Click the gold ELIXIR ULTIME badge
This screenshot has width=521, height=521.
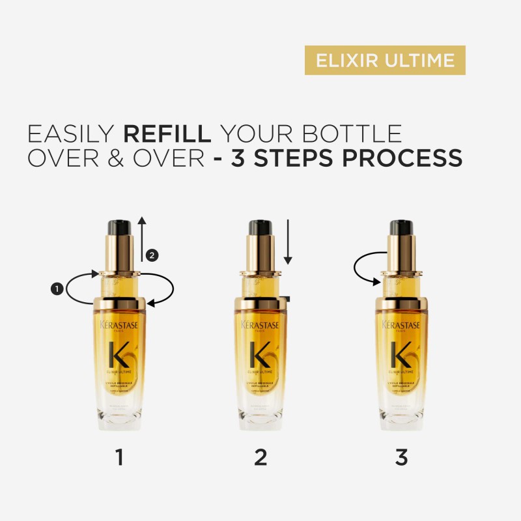click(x=385, y=60)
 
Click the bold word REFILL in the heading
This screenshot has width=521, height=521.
click(x=167, y=133)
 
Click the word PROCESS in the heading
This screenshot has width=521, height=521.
click(x=404, y=158)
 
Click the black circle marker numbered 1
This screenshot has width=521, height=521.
click(x=57, y=287)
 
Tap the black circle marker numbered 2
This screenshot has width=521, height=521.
click(x=152, y=255)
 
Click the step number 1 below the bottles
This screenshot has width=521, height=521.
click(x=119, y=458)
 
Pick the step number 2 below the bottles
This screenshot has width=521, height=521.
click(x=260, y=458)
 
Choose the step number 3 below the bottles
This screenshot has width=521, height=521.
click(x=401, y=458)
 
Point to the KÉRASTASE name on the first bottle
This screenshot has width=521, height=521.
click(x=119, y=325)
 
